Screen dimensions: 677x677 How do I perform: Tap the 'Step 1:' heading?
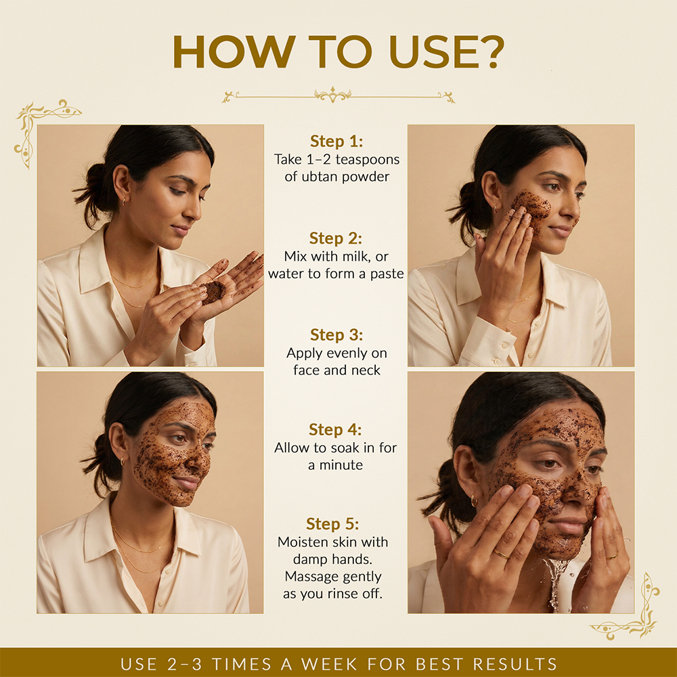coord(336,141)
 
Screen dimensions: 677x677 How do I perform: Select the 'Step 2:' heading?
coord(336,238)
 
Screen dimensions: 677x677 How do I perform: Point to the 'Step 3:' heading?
coord(336,335)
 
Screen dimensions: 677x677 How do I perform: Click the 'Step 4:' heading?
coord(335,430)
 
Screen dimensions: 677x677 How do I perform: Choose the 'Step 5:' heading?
coord(332,524)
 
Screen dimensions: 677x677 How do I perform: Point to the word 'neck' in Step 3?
coord(366,370)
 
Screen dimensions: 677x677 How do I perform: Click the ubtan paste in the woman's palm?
coord(213,292)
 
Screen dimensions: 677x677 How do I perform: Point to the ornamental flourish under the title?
coord(338,96)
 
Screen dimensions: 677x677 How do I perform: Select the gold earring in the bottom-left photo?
coord(122,462)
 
